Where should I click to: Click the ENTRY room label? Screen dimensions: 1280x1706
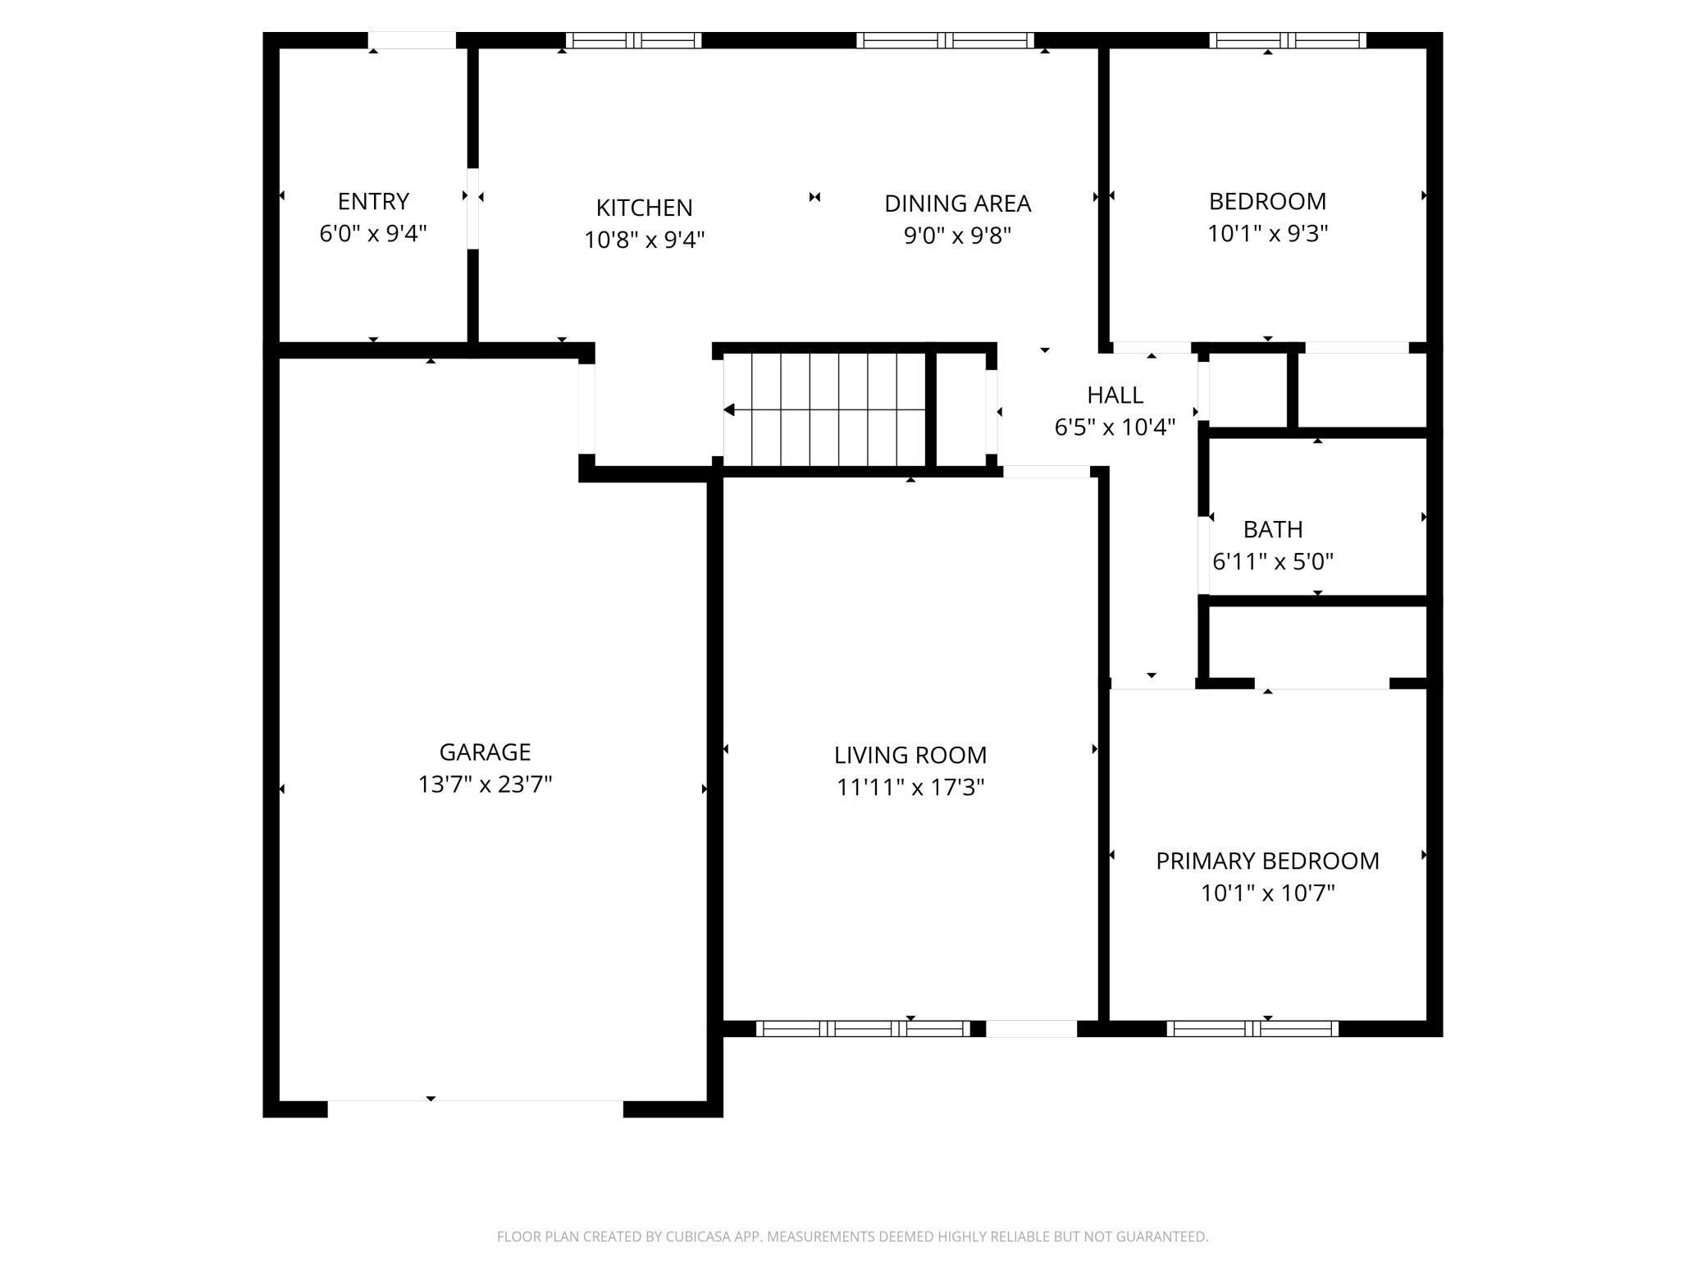(x=373, y=201)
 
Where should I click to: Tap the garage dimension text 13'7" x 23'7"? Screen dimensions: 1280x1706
(x=485, y=784)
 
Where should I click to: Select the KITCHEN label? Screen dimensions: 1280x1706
(x=644, y=208)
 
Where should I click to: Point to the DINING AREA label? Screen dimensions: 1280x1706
(x=957, y=203)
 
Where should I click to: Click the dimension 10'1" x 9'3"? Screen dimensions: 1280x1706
(x=1267, y=234)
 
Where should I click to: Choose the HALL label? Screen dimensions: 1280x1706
(x=1115, y=395)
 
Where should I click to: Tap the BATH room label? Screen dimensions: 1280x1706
(x=1272, y=529)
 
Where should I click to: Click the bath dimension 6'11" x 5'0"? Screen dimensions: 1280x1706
(x=1272, y=562)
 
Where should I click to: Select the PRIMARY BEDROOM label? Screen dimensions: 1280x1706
(x=1267, y=861)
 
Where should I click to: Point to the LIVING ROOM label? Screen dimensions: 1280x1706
(x=910, y=755)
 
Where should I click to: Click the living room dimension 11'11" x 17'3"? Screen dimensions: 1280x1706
(x=910, y=788)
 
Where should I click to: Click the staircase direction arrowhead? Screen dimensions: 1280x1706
(x=728, y=409)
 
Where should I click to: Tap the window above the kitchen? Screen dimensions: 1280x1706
(x=633, y=40)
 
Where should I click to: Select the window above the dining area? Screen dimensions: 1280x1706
(x=945, y=40)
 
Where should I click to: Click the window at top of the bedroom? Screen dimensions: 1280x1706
(x=1287, y=40)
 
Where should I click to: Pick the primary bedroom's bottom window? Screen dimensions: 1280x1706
(x=1252, y=1029)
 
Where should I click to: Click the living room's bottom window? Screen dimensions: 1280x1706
(x=863, y=1029)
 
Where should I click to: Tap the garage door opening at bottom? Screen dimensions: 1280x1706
(x=476, y=1108)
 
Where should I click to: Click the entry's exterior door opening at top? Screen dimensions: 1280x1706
(x=411, y=40)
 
